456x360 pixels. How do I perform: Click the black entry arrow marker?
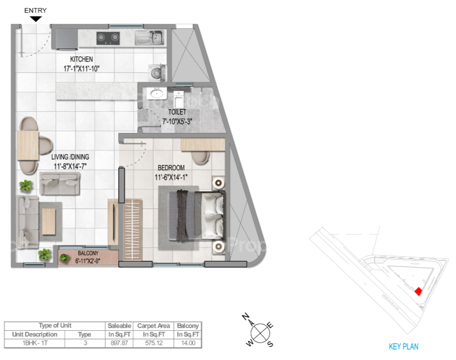pos(36,19)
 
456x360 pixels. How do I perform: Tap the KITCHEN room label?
pos(81,59)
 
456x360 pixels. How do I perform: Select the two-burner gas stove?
pos(108,38)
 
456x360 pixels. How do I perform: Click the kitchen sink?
pos(149,37)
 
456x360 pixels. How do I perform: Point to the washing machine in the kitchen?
pos(157,73)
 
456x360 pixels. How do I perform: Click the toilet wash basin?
pos(157,93)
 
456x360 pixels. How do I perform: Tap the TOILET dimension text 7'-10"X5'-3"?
pos(177,121)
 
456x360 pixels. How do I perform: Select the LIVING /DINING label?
pos(70,157)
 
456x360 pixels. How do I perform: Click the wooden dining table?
pos(28,146)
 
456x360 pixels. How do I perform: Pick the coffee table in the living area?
pos(49,222)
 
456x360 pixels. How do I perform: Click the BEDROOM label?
pos(171,168)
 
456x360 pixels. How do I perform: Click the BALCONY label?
pos(88,253)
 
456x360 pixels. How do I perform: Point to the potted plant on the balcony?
pos(64,258)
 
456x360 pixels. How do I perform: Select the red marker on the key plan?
pos(418,291)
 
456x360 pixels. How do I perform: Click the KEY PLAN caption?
pos(404,346)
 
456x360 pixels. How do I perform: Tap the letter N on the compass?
pos(246,316)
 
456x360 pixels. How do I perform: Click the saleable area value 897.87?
pos(119,343)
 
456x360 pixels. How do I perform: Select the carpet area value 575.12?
pos(154,343)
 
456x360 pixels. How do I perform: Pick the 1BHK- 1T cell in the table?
pos(35,343)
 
